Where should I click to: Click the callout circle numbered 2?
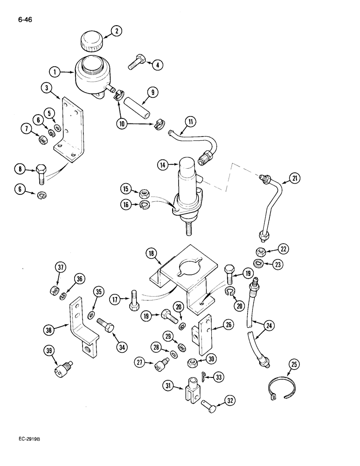tap(115, 32)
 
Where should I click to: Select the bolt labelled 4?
tap(135, 62)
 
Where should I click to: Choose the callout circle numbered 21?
tap(295, 178)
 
